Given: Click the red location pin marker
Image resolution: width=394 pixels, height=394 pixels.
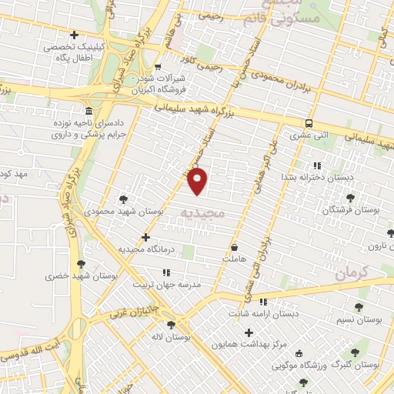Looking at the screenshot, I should click(199, 182).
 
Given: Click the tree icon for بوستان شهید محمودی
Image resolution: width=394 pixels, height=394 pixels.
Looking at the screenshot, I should click(124, 199).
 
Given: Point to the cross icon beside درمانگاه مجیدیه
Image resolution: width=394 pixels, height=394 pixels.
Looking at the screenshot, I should click(145, 238).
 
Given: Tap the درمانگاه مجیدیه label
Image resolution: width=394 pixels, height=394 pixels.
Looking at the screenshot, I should click(145, 249).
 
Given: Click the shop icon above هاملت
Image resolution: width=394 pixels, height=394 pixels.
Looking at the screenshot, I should click(235, 248).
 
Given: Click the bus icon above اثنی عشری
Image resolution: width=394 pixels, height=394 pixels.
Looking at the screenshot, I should click(309, 123).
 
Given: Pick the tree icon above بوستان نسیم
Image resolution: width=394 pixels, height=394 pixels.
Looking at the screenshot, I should click(359, 307).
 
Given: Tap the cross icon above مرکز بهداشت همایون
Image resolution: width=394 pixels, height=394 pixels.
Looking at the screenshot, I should click(248, 332).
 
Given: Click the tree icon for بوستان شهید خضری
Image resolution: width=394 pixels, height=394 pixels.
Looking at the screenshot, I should click(81, 264).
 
